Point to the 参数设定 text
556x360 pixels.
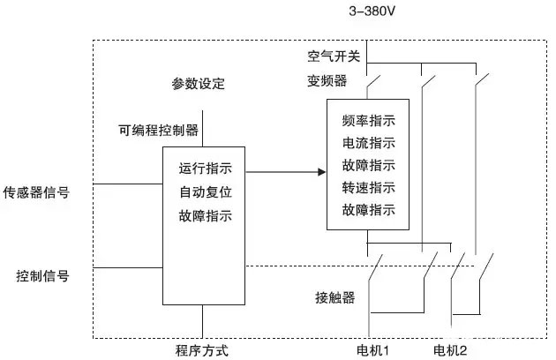(x=199, y=85)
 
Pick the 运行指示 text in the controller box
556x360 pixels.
(x=206, y=169)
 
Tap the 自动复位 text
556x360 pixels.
(x=206, y=191)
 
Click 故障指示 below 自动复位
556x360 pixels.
(x=206, y=214)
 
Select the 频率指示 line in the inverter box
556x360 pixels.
(x=368, y=120)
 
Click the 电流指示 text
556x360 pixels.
(x=368, y=142)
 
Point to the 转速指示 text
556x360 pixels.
(x=368, y=187)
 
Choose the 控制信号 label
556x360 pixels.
(x=42, y=275)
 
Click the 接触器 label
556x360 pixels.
(x=334, y=296)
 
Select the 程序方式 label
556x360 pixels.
(x=202, y=350)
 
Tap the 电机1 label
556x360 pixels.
(x=373, y=350)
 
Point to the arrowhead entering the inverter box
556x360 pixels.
(x=321, y=171)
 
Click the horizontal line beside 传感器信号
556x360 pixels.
(x=128, y=184)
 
